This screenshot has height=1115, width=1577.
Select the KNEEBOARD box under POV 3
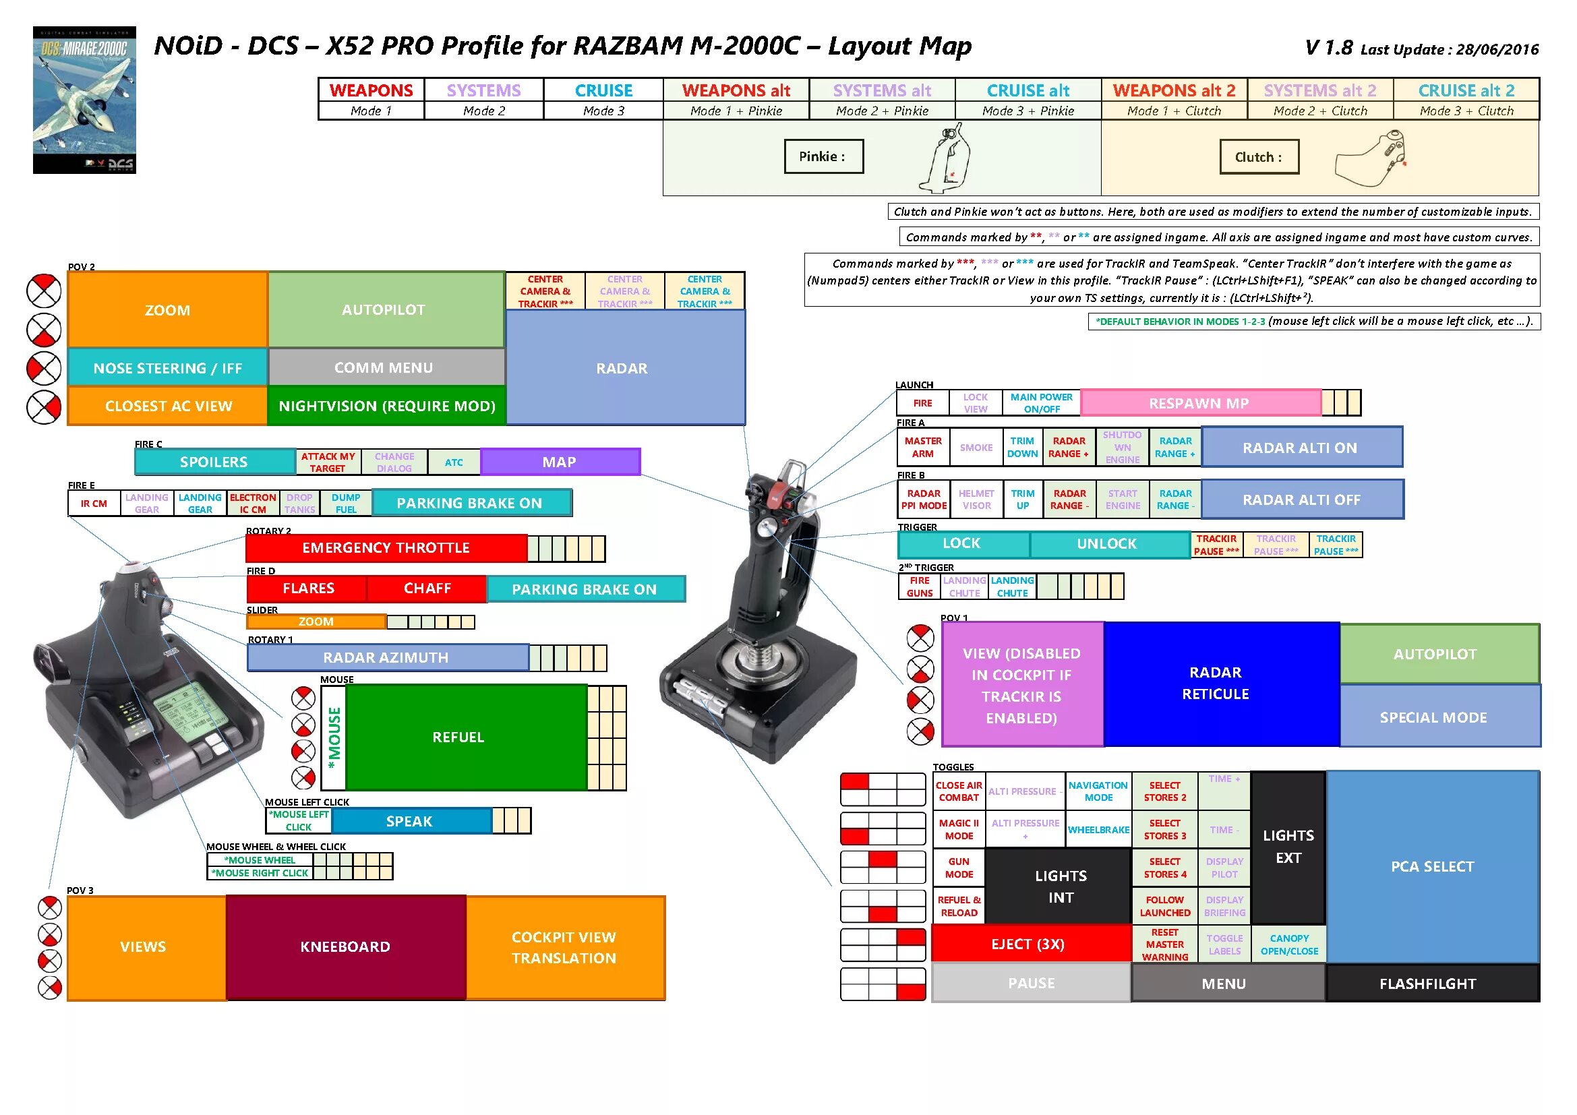point(345,946)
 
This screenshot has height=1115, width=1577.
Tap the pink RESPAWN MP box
point(1199,403)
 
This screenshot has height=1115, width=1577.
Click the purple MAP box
point(560,462)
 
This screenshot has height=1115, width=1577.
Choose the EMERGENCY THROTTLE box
point(386,548)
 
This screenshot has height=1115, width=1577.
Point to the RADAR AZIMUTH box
point(387,657)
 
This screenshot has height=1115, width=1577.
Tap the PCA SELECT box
point(1432,866)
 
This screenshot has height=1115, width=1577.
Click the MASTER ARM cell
point(923,447)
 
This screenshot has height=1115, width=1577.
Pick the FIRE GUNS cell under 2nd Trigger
point(920,586)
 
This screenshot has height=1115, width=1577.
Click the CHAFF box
point(427,589)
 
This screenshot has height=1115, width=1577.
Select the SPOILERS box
point(214,462)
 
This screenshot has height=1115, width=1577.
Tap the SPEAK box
point(410,821)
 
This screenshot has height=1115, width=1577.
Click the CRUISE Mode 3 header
point(603,98)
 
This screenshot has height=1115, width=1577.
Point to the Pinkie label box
point(823,156)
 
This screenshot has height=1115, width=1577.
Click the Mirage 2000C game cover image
point(84,100)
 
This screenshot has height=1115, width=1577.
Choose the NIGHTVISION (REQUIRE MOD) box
point(387,406)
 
